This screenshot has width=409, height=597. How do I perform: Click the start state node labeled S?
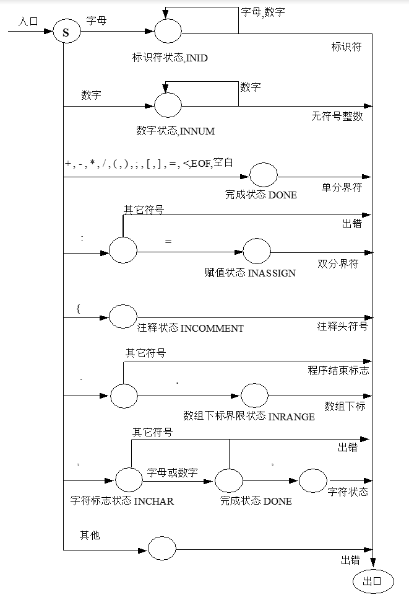pyautogui.click(x=66, y=32)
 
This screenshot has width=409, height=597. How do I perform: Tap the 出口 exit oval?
pyautogui.click(x=372, y=581)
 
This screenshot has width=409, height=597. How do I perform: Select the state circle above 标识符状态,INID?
pyautogui.click(x=168, y=32)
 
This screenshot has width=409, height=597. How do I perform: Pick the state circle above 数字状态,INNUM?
pyautogui.click(x=168, y=105)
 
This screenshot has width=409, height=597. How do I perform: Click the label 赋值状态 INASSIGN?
pyautogui.click(x=250, y=273)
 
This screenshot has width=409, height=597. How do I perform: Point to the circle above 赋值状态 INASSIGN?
pyautogui.click(x=256, y=251)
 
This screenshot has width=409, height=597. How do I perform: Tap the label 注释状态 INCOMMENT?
pyautogui.click(x=190, y=328)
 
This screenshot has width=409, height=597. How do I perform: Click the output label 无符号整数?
pyautogui.click(x=337, y=116)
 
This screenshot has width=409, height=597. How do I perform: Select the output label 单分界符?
pyautogui.click(x=341, y=188)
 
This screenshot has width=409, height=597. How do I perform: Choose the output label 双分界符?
pyautogui.click(x=338, y=263)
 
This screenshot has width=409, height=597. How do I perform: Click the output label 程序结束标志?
pyautogui.click(x=338, y=371)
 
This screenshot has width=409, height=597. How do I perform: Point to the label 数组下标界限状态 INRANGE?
pyautogui.click(x=249, y=416)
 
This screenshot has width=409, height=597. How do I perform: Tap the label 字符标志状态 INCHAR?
pyautogui.click(x=122, y=501)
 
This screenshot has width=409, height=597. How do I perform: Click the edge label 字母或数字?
pyautogui.click(x=172, y=473)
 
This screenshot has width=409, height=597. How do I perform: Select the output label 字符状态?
pyautogui.click(x=348, y=492)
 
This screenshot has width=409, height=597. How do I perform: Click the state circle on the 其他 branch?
pyautogui.click(x=161, y=549)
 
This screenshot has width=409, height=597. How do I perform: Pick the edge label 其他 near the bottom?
pyautogui.click(x=90, y=535)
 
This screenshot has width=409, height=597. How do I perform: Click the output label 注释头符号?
pyautogui.click(x=342, y=326)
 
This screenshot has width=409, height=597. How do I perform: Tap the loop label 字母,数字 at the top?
pyautogui.click(x=262, y=12)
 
